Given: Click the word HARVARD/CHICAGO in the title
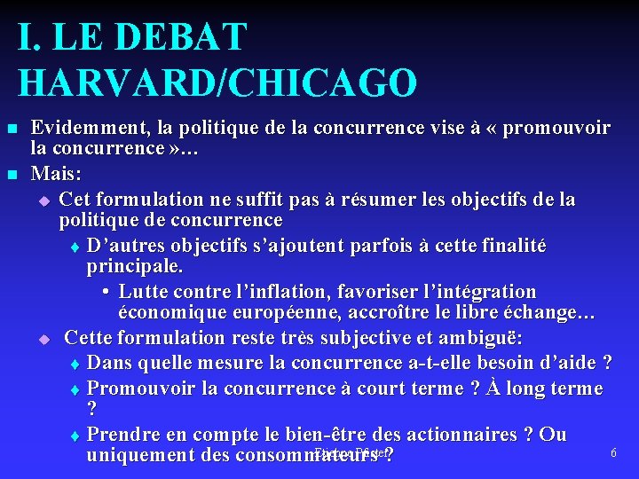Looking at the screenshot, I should click(x=217, y=82).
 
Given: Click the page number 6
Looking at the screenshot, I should click(x=613, y=453).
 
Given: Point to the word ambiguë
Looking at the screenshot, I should click(x=485, y=337).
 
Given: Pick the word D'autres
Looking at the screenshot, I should click(x=124, y=245).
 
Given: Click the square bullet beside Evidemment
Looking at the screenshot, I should click(x=12, y=130).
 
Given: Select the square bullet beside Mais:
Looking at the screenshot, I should click(x=12, y=173).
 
